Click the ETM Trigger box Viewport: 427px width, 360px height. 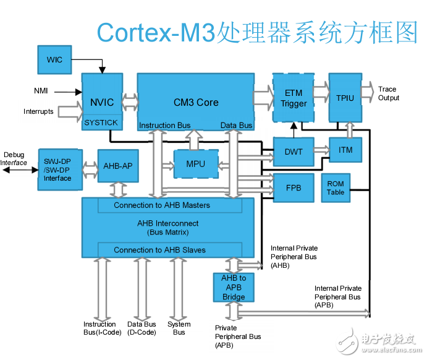pos(294,98)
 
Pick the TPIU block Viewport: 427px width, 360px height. pos(345,98)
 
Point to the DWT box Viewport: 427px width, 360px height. pos(294,152)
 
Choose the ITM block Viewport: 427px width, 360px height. pos(345,149)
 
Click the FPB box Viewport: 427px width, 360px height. pos(294,187)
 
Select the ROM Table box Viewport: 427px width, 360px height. pos(336,188)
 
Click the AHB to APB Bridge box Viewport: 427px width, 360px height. pos(234,288)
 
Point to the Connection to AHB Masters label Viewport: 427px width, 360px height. pos(162,205)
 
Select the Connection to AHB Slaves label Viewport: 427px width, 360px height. pos(159,250)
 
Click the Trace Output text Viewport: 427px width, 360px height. pos(388,93)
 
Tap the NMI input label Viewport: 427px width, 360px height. pos(41,92)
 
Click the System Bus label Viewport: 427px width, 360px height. pos(179,328)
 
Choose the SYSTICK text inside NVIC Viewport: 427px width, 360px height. pos(101,122)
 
